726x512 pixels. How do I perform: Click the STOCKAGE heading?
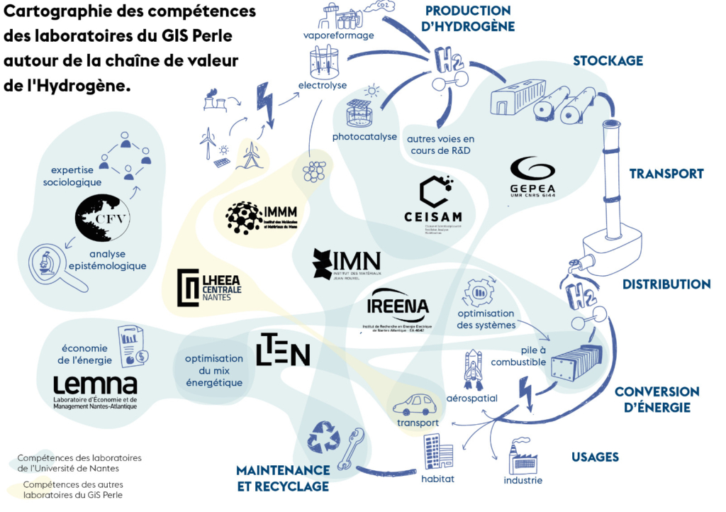coord(608,61)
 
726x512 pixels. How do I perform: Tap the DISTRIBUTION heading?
coord(666,284)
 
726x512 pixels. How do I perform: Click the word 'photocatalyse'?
coord(364,137)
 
